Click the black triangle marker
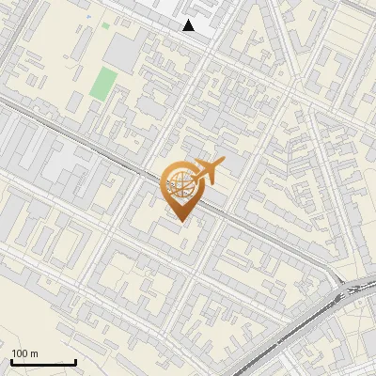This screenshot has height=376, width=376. click(189, 25)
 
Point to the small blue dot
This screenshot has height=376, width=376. click(89, 17)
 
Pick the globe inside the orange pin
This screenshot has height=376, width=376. click(180, 184)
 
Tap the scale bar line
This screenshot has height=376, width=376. click(43, 362)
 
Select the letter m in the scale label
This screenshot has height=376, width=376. click(35, 353)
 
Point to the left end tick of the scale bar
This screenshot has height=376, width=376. click(11, 360)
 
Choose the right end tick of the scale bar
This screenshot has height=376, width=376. click(75, 360)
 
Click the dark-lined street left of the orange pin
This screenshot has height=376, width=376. click(94, 155)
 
